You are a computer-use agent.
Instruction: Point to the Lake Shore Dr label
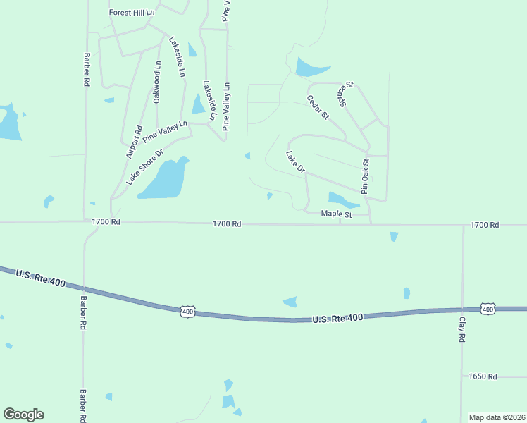point(144,167)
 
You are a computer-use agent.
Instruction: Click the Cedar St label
point(318,108)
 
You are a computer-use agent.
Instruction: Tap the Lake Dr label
point(296,161)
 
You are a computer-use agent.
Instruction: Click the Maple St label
point(335,214)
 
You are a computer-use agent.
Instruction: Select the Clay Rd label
point(462,329)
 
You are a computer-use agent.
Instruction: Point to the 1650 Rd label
point(483,376)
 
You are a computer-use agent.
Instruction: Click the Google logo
point(23,415)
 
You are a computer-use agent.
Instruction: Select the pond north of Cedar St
point(309,68)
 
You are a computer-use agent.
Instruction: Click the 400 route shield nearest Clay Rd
point(487,309)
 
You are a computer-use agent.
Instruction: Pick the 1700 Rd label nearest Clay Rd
point(485,225)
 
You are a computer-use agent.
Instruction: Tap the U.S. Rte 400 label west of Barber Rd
point(41,278)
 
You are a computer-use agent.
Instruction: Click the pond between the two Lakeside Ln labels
point(198,104)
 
